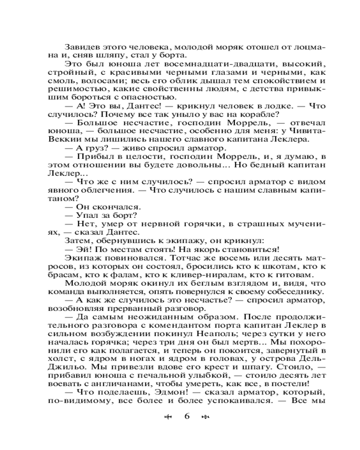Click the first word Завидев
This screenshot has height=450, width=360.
tap(81, 47)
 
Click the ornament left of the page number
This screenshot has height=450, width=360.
tap(169, 417)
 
